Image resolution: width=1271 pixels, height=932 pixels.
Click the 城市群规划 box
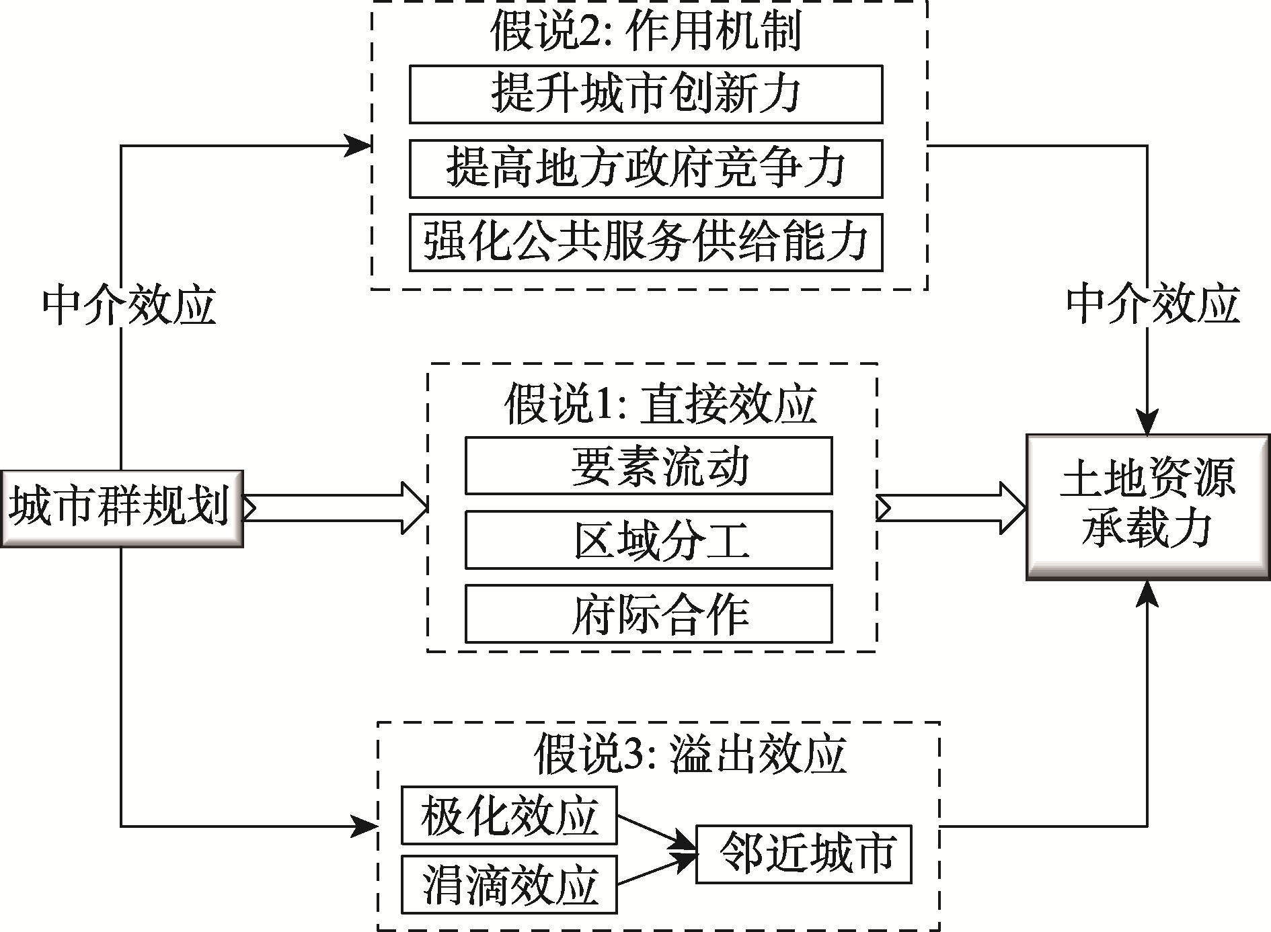(122, 509)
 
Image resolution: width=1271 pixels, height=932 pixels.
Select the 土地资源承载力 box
(1148, 507)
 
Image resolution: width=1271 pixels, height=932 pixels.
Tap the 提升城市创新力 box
(646, 94)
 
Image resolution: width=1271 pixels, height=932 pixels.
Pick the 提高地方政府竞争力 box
(646, 168)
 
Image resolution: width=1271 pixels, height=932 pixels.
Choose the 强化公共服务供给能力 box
(646, 242)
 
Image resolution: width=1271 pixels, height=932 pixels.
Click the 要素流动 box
(648, 466)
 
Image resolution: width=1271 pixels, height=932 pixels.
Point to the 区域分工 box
(648, 540)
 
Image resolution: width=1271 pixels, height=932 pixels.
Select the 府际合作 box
(648, 613)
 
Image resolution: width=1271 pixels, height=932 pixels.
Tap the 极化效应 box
(509, 815)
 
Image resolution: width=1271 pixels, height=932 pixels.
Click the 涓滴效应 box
(509, 884)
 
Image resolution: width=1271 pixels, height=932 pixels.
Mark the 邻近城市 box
(804, 853)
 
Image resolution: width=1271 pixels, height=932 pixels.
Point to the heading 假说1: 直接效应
(660, 404)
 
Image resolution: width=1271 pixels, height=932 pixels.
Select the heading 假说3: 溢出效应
(690, 754)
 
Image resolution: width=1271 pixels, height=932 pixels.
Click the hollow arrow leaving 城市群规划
(335, 508)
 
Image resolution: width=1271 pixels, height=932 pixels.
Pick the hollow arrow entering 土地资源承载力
(952, 508)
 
